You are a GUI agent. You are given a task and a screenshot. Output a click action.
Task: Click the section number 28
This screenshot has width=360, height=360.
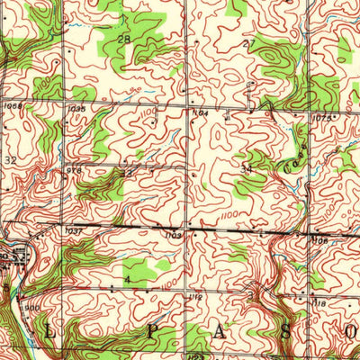click(123, 40)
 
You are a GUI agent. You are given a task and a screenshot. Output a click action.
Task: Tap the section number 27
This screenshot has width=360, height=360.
click(249, 43)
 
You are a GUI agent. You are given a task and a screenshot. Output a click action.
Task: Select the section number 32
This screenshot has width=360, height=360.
click(10, 158)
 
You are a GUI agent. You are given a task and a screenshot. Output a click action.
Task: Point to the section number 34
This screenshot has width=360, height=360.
click(246, 167)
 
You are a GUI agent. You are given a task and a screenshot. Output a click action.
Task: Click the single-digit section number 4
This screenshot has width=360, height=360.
click(128, 280)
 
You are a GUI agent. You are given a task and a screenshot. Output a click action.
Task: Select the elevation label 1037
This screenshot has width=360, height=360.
click(74, 231)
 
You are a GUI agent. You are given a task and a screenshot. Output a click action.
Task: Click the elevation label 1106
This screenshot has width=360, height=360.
click(319, 240)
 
